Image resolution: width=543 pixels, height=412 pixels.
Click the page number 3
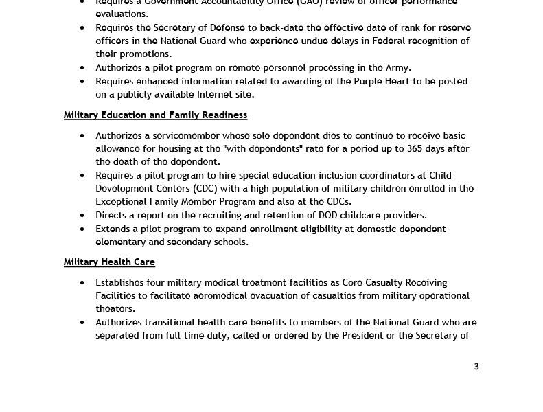[x=476, y=367]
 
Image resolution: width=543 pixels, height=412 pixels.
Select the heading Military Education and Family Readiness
[x=155, y=115]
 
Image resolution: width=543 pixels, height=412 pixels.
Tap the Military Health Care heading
[x=109, y=262]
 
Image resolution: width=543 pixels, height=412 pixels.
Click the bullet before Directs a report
[x=82, y=216]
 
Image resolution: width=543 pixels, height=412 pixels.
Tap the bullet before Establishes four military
[x=82, y=282]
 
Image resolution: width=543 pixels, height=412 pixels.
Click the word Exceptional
[x=122, y=202]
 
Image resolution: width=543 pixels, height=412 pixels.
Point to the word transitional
[x=174, y=323]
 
